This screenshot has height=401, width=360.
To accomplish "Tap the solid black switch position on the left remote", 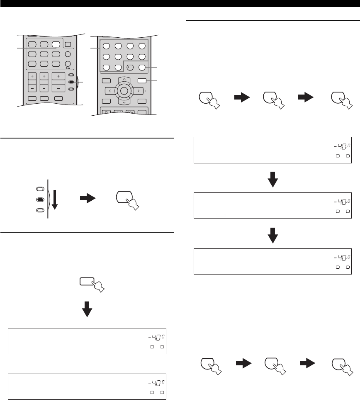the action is point(71,82).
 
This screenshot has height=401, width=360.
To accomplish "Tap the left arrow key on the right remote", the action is point(110,90).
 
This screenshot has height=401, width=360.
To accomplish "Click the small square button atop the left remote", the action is point(68,45).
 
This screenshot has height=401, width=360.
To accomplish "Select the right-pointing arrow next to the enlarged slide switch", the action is point(89,199).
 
